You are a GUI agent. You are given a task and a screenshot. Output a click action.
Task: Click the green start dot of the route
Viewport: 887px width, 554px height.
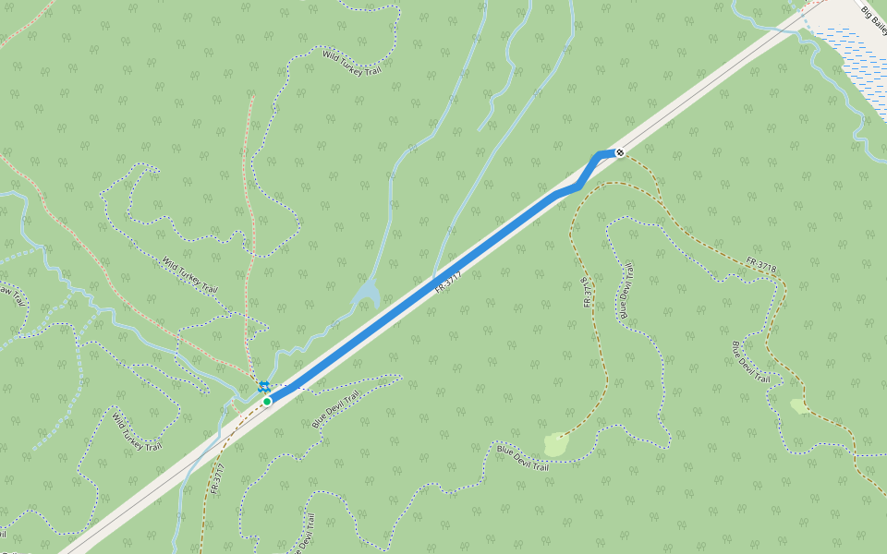coord(267,401)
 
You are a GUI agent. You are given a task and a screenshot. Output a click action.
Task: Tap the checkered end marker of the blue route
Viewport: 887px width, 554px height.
coord(620,152)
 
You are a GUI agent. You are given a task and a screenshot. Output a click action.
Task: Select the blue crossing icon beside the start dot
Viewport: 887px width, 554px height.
coord(264,386)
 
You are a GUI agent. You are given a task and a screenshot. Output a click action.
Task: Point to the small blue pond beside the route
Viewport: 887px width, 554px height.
coord(367,295)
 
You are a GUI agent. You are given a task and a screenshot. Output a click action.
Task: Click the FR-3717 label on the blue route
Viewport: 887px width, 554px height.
coord(447,282)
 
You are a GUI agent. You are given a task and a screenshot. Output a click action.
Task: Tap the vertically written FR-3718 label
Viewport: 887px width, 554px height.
coord(586,291)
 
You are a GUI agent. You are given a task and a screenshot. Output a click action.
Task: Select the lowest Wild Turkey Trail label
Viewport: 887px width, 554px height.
coord(137,432)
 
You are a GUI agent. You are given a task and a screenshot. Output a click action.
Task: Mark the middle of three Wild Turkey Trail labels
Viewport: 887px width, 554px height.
coord(189,275)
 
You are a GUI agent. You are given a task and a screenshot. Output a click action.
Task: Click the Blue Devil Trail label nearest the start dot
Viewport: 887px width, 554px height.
coord(335,410)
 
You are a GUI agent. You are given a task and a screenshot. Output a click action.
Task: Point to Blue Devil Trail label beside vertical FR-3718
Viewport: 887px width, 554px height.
coord(626,291)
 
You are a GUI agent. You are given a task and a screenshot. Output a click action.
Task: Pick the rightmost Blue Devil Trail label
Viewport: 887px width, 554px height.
coord(751,362)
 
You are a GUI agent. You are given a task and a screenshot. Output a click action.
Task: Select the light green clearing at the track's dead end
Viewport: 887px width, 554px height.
coord(554,445)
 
